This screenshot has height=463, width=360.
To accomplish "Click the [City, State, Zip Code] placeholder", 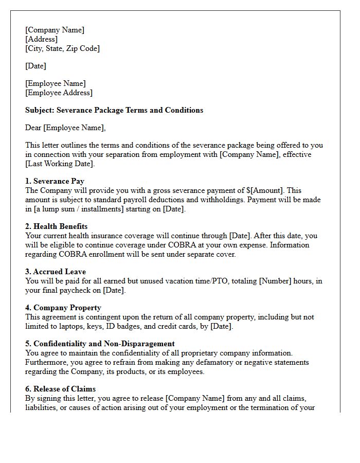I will click(62, 48).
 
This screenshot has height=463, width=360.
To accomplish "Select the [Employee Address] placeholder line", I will click(59, 93).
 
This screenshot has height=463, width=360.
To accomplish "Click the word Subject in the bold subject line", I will click(40, 110).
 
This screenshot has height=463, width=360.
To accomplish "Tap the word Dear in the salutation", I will click(33, 128).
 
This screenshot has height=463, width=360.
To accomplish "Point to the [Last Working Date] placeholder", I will click(60, 164).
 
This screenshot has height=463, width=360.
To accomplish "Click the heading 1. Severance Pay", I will click(55, 181).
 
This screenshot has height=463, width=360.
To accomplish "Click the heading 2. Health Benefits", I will click(56, 226).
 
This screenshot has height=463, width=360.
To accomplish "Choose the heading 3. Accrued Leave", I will click(56, 272).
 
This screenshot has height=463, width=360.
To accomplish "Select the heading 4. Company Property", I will click(63, 308).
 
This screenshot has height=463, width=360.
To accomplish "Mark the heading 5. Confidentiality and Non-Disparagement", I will click(100, 344).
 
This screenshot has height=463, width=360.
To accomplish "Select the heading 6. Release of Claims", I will click(60, 389).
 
